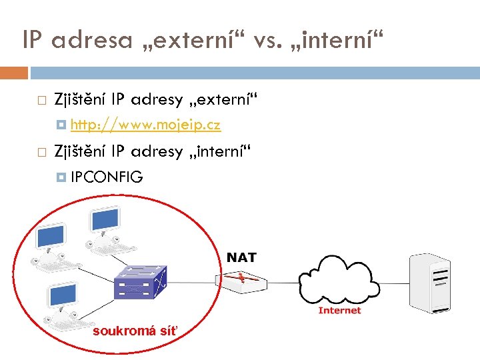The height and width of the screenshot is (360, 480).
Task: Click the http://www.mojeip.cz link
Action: [145, 125]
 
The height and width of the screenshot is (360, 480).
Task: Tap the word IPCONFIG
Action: [107, 177]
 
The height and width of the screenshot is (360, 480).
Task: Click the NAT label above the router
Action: [241, 257]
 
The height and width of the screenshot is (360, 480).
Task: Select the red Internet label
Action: [339, 310]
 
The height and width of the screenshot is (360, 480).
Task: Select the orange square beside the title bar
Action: [14, 72]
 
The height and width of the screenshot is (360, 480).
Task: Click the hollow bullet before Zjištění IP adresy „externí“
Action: [41, 101]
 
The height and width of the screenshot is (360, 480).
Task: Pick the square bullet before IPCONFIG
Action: [62, 177]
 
